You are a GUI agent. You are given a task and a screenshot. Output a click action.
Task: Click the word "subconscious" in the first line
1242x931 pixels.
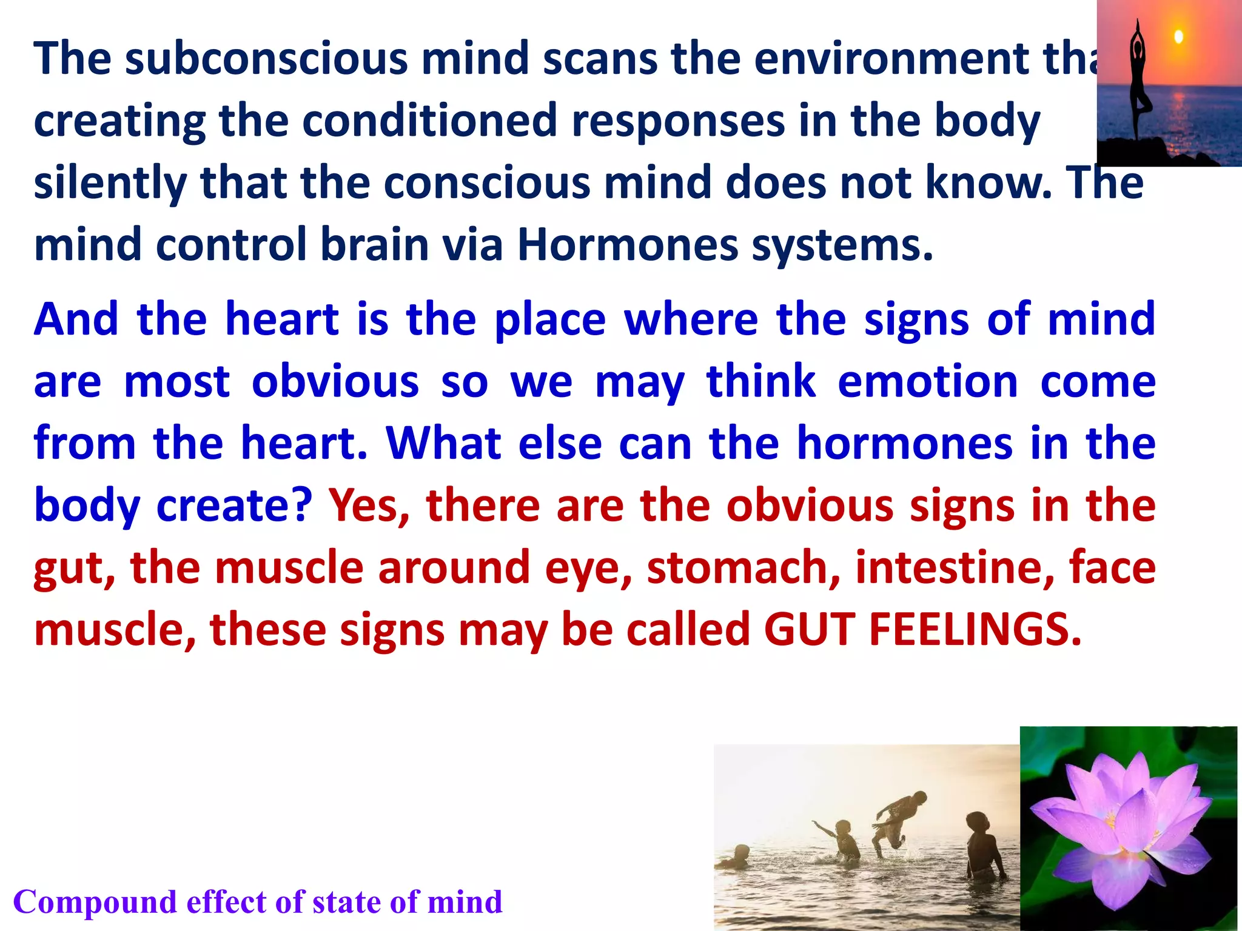coord(267,59)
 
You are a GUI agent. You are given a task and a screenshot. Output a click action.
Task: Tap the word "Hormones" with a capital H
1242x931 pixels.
coord(627,245)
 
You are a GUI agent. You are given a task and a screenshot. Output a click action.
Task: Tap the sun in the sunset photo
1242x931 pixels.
coord(1178,37)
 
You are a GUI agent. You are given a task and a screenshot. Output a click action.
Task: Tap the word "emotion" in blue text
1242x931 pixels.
coord(928,382)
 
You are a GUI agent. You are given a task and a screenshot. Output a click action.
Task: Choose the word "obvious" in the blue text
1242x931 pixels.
coord(335,382)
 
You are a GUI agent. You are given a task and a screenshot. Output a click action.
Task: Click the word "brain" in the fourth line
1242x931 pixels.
coord(375,245)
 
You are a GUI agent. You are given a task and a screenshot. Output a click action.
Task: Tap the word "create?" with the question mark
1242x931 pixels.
coord(234,506)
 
